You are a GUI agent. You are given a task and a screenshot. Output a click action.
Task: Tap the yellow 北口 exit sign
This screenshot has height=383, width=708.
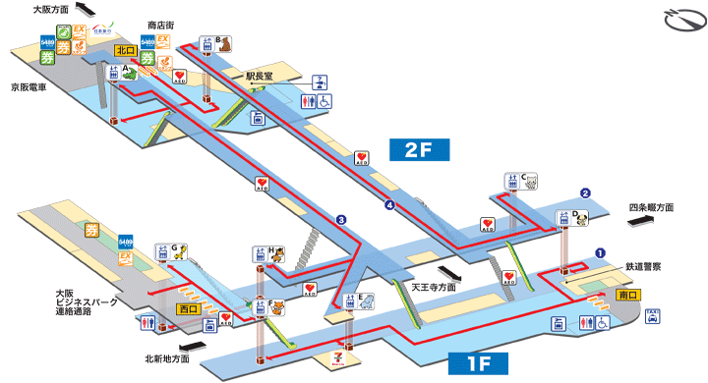(x=124, y=49)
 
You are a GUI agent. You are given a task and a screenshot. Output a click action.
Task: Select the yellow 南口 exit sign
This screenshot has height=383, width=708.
(x=628, y=294)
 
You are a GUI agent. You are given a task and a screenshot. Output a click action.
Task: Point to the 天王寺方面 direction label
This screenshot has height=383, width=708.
(x=434, y=287)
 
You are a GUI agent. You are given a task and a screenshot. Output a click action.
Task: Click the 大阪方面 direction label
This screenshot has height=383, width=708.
(x=51, y=9)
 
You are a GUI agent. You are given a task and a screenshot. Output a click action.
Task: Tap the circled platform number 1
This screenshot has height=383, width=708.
(x=599, y=252)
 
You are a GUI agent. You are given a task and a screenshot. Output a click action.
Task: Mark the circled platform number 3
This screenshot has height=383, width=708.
(x=341, y=219)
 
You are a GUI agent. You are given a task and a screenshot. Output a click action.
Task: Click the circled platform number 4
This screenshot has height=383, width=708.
(x=390, y=205)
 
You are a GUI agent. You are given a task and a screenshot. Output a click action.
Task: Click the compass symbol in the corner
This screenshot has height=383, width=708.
(x=682, y=19)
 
